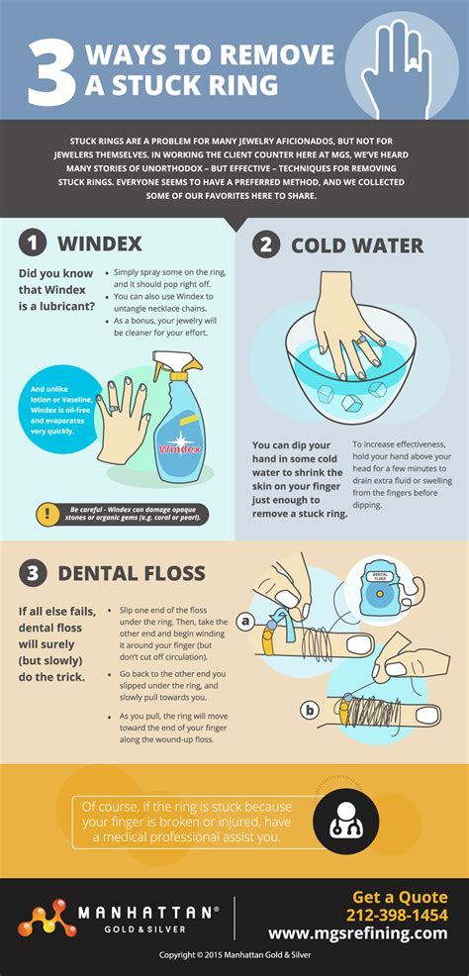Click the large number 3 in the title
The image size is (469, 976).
[51, 72]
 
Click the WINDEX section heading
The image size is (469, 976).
[99, 243]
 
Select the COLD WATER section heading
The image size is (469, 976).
[356, 244]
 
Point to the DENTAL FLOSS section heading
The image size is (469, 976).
[131, 572]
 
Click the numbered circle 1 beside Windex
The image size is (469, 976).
[34, 243]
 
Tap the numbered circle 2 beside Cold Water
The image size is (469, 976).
[265, 244]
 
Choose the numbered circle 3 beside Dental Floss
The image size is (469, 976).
[34, 572]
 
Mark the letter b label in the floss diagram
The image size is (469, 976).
[311, 710]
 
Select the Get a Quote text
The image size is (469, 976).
[400, 897]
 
